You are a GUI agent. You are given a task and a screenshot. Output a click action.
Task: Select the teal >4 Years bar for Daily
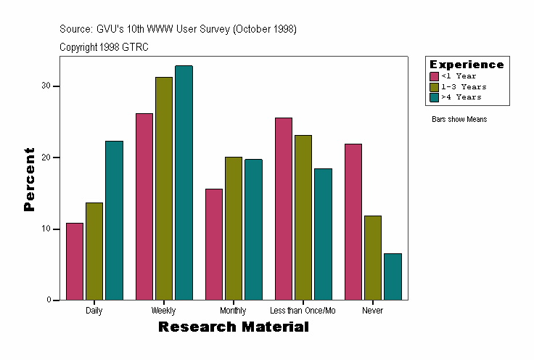[x=114, y=221]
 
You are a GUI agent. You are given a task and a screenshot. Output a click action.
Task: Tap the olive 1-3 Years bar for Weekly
[x=164, y=189]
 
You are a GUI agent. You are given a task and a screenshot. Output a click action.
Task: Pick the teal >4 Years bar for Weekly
[x=184, y=183]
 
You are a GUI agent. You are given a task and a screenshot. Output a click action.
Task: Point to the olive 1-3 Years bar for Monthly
[x=234, y=229]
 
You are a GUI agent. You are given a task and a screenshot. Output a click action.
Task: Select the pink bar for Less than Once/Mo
[x=284, y=209]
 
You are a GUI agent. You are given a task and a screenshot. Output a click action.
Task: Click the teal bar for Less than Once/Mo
[x=323, y=234]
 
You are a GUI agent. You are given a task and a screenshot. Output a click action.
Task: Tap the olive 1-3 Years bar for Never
[x=373, y=258]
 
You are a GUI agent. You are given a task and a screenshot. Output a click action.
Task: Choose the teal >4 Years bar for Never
[x=393, y=277]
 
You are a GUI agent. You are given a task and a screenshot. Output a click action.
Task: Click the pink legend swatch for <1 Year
[x=434, y=76]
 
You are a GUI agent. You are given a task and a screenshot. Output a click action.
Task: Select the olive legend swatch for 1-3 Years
[x=434, y=86]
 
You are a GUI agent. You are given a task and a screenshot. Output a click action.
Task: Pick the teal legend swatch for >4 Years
[x=434, y=97]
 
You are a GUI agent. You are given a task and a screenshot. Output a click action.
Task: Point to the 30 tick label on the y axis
[x=46, y=86]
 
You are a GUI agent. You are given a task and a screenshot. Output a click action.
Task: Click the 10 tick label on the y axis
[x=46, y=229]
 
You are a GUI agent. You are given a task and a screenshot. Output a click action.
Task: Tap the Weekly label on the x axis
[x=163, y=311]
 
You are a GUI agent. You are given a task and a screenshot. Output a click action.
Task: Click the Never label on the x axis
[x=372, y=311]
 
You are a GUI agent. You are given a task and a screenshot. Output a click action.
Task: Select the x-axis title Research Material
[x=234, y=327]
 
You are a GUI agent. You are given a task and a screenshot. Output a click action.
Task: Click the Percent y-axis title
[x=29, y=179]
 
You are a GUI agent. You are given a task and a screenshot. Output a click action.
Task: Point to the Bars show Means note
[x=459, y=119]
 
